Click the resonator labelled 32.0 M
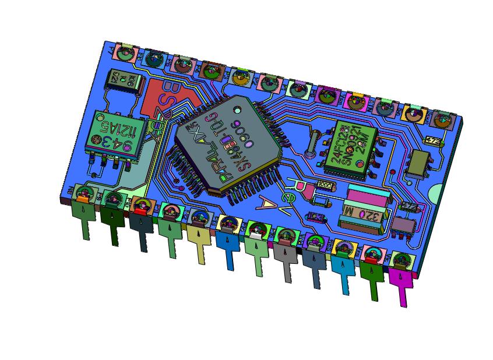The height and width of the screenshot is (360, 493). tap(367, 214)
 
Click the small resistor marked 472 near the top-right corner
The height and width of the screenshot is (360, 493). tap(432, 140)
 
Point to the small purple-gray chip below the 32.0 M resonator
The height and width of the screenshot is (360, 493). tap(402, 224)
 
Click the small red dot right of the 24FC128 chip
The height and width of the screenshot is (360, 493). tap(393, 172)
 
